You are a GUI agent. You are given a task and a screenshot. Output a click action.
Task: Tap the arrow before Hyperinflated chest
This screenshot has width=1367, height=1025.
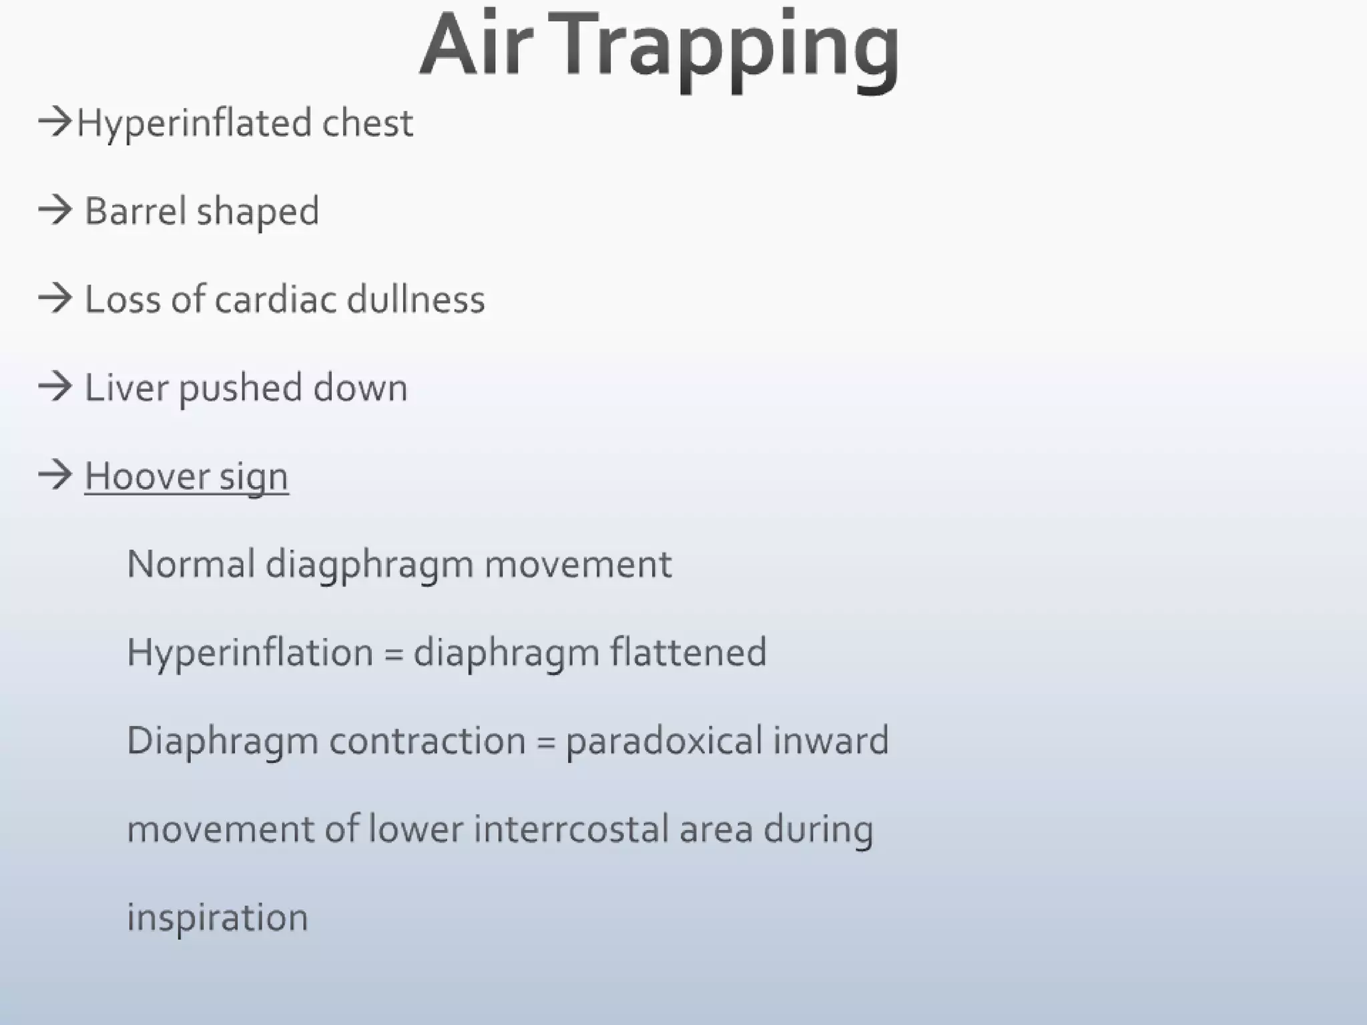55,122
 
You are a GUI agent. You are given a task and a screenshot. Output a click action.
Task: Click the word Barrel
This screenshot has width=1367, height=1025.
135,211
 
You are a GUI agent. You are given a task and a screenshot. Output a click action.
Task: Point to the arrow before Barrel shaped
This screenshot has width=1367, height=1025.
55,210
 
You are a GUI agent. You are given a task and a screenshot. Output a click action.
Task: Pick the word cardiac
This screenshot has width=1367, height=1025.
276,299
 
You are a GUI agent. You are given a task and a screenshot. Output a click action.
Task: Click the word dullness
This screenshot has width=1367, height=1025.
416,299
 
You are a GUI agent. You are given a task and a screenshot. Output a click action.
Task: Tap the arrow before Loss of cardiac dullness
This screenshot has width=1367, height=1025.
55,298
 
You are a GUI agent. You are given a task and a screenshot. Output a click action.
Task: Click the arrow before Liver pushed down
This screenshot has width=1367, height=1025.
55,387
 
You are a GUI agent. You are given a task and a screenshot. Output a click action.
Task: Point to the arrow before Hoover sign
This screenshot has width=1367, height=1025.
55,475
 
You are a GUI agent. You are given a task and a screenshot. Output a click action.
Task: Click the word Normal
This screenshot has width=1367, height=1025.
191,564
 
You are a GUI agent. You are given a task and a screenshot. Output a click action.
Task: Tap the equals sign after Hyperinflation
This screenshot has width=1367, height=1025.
394,653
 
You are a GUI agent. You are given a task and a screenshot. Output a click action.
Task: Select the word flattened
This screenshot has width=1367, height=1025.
688,652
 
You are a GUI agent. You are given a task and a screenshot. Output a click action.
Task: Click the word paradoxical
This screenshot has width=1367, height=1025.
664,741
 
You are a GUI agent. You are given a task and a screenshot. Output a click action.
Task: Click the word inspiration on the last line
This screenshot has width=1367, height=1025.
218,918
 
